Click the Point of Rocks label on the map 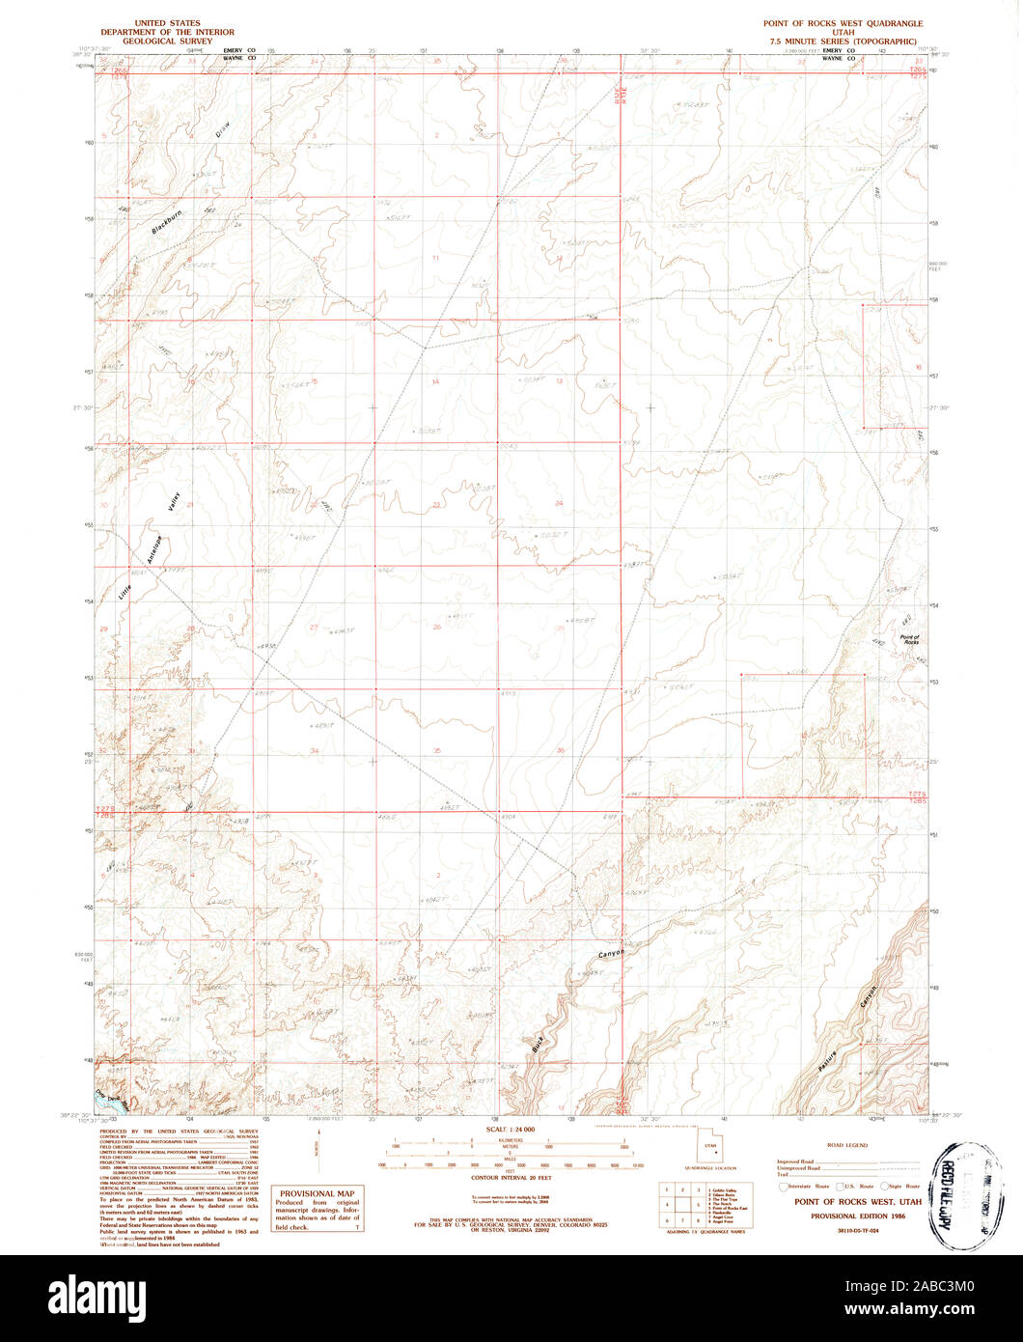point(909,639)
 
